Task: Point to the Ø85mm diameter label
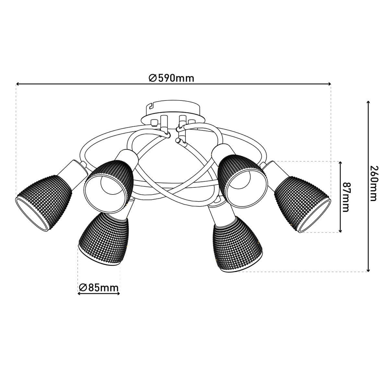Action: [99, 287]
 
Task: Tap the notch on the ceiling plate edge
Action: [150, 106]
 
